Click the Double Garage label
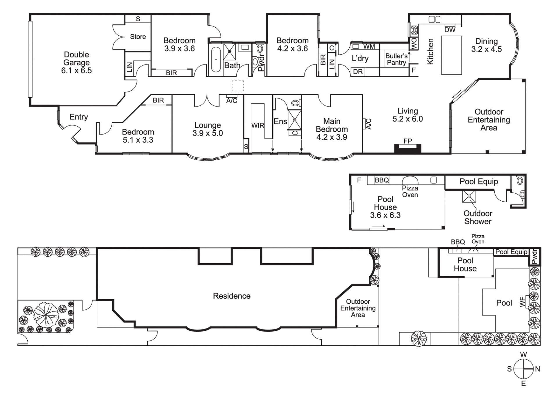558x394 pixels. [76, 62]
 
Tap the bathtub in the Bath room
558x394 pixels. [216, 59]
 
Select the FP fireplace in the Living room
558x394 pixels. [407, 148]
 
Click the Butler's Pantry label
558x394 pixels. [396, 59]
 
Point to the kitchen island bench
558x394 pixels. [451, 55]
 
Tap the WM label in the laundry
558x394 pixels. [369, 46]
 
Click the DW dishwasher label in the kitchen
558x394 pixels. [450, 30]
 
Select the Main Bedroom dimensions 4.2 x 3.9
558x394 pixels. [332, 137]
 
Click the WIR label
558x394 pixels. [257, 125]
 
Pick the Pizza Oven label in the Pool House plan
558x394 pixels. [410, 191]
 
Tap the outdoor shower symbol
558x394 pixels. [469, 196]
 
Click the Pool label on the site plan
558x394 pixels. [504, 303]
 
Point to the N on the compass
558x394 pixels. [537, 369]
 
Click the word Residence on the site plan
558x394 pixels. [232, 296]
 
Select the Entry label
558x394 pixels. [78, 117]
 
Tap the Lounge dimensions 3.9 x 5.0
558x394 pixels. [208, 133]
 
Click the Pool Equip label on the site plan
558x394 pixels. [511, 252]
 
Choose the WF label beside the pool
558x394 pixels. [523, 302]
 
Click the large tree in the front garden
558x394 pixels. [44, 315]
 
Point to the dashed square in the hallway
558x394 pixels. [238, 86]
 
